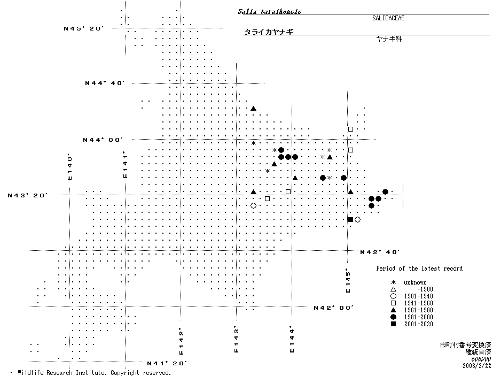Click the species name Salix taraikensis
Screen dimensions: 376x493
pyautogui.click(x=265, y=11)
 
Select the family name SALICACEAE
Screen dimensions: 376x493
pyautogui.click(x=388, y=18)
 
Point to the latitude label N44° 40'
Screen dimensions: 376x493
pyautogui.click(x=105, y=83)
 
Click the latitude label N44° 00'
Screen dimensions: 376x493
pyautogui.click(x=103, y=140)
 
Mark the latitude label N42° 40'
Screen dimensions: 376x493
pyautogui.click(x=380, y=252)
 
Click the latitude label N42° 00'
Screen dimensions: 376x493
pyautogui.click(x=334, y=308)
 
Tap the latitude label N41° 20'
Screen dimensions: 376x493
pyautogui.click(x=167, y=363)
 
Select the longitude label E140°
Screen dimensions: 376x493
pyautogui.click(x=69, y=167)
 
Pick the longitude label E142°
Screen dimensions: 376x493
pyautogui.click(x=181, y=341)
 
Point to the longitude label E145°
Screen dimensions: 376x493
pyautogui.click(x=347, y=280)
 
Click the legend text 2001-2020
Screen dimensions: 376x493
pyautogui.click(x=418, y=324)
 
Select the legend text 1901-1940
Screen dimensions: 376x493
pyautogui.click(x=418, y=296)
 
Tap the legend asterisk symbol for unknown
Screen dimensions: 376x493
pyautogui.click(x=393, y=282)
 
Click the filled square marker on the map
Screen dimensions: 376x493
pyautogui.click(x=350, y=219)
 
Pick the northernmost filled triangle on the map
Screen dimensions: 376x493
pyautogui.click(x=254, y=108)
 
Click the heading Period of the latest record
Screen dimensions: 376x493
pyautogui.click(x=419, y=268)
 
